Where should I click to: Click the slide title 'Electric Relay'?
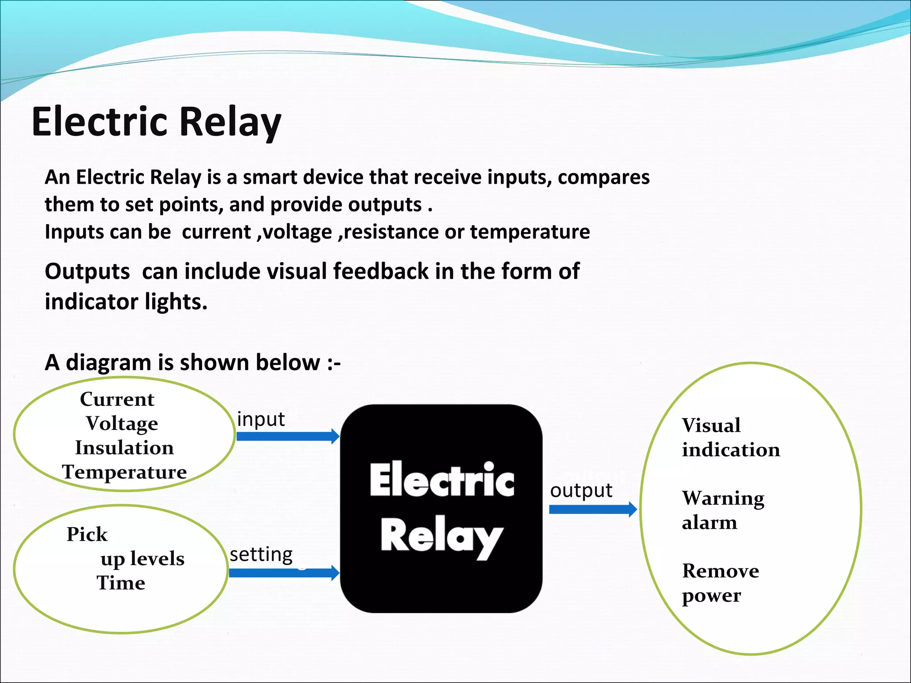[x=157, y=122]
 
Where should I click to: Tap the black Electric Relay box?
[x=441, y=508]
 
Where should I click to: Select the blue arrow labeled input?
[x=287, y=436]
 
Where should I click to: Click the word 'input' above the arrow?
[x=261, y=419]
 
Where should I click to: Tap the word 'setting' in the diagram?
[x=261, y=555]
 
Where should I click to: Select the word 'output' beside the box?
[x=581, y=490]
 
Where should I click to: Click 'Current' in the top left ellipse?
[x=117, y=399]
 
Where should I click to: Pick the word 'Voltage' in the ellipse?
[x=121, y=423]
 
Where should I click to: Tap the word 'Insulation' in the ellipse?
[x=124, y=447]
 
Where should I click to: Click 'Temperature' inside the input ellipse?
[x=124, y=472]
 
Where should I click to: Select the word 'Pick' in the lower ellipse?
[x=87, y=534]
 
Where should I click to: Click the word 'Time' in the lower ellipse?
[x=121, y=583]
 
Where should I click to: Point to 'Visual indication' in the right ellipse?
[x=730, y=438]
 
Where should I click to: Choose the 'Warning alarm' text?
[x=722, y=510]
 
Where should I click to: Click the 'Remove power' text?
[x=720, y=583]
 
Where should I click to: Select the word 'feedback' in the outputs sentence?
[x=380, y=271]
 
